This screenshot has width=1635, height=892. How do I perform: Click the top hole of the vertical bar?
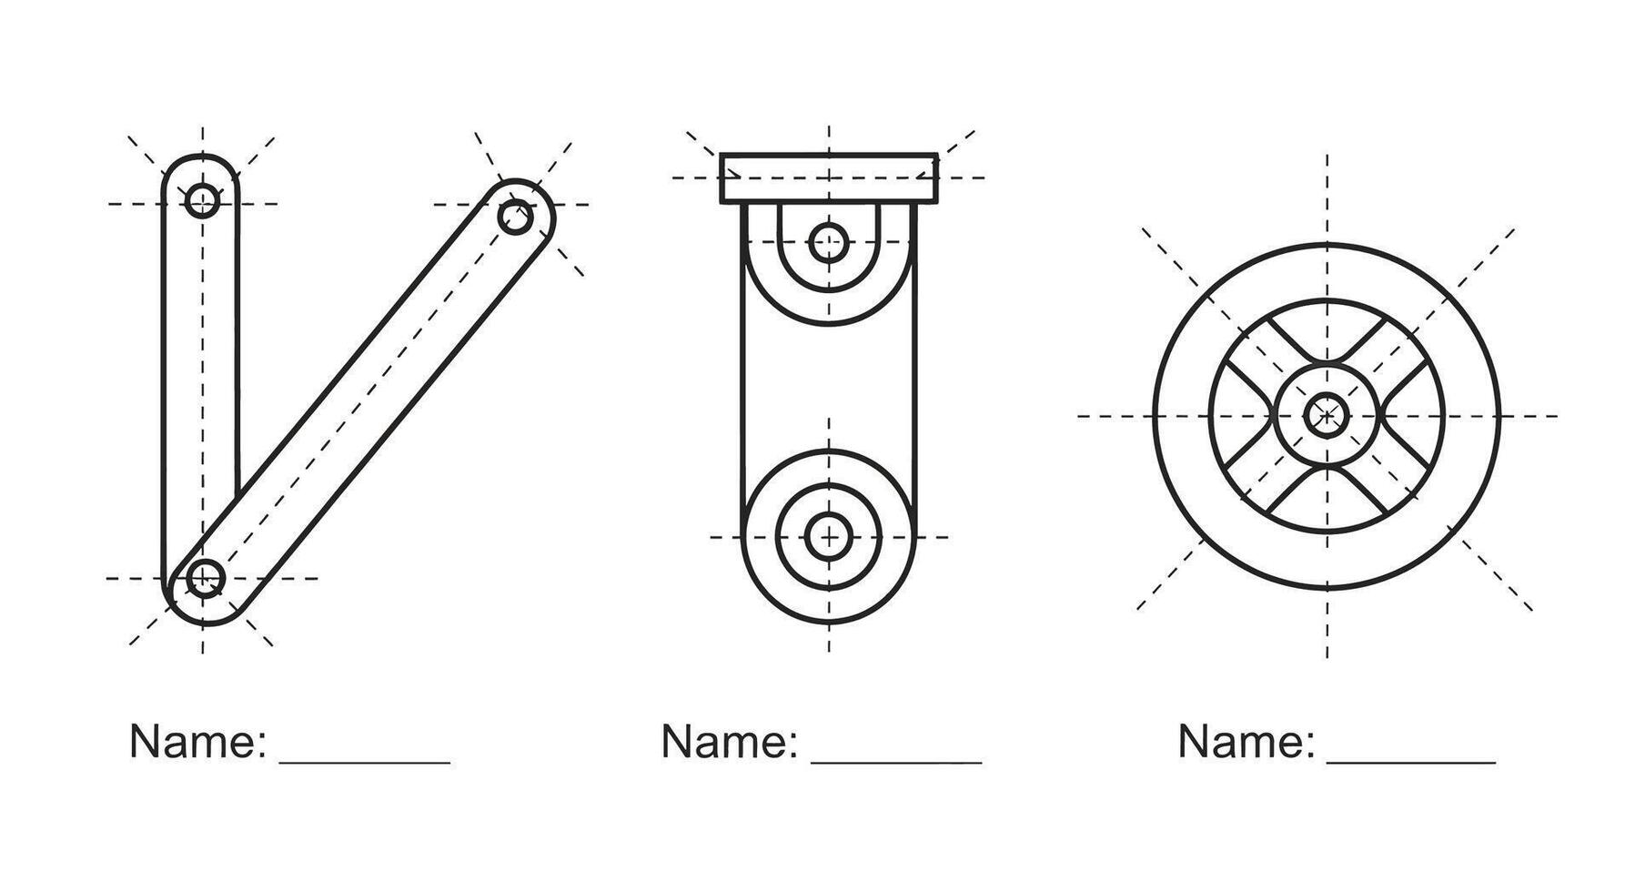(202, 200)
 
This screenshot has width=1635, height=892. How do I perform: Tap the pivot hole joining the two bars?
(206, 577)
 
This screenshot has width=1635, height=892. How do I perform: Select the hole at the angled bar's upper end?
(516, 218)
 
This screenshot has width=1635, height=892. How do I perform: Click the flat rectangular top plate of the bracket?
(829, 177)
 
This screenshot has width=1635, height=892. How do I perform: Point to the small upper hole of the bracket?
(828, 243)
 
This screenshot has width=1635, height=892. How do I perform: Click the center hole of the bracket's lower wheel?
(828, 535)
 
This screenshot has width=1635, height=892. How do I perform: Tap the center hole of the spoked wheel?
(1327, 415)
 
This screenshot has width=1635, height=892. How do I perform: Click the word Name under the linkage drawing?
(197, 742)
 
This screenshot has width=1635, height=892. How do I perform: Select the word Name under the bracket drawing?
(729, 742)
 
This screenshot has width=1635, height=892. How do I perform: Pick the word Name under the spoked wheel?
(1246, 742)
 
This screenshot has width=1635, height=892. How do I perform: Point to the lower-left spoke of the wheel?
(1272, 471)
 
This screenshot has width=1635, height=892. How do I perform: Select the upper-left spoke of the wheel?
(1272, 360)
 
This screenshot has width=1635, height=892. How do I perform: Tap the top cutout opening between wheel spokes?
(1327, 328)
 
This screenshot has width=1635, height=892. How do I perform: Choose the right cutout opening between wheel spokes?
(1413, 415)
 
